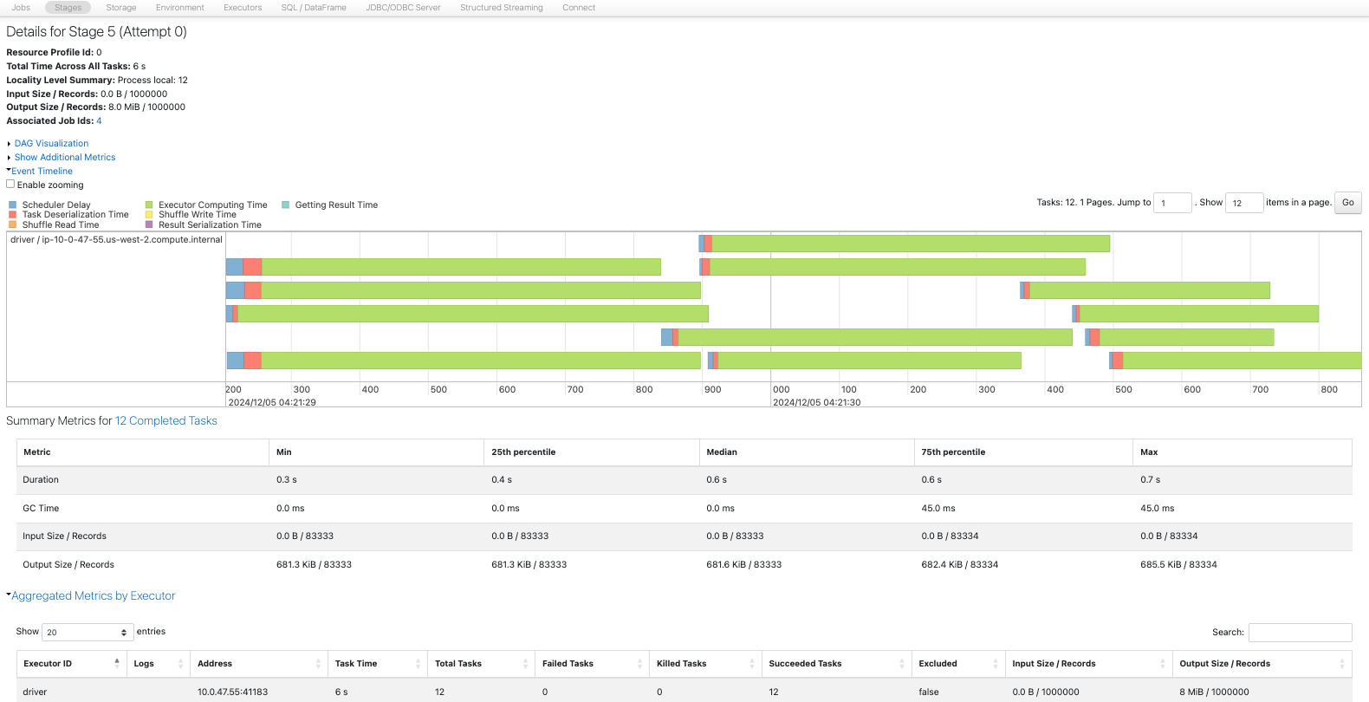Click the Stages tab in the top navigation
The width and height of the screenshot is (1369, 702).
(x=68, y=8)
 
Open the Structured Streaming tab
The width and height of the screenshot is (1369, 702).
(x=501, y=8)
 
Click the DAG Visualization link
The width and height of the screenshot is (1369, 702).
(x=51, y=144)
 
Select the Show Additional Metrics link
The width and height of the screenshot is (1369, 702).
(x=65, y=158)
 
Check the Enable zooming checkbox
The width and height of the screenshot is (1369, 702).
(x=10, y=185)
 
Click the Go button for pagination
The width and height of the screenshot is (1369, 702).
(x=1347, y=203)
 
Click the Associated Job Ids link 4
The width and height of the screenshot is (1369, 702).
(x=99, y=121)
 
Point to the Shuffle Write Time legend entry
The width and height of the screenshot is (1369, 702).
(x=198, y=215)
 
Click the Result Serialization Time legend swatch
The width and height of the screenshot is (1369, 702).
(x=149, y=224)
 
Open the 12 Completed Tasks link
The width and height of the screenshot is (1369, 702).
(x=166, y=421)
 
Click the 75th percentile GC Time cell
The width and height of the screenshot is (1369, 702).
(x=938, y=509)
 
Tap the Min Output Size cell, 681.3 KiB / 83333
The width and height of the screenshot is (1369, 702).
(x=314, y=565)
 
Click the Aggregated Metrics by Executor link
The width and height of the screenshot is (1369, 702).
(x=93, y=596)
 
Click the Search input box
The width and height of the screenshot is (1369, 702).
(x=1300, y=633)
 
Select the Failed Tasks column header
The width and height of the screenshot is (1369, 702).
(x=568, y=664)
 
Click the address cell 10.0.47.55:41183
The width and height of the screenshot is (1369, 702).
(x=232, y=692)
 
